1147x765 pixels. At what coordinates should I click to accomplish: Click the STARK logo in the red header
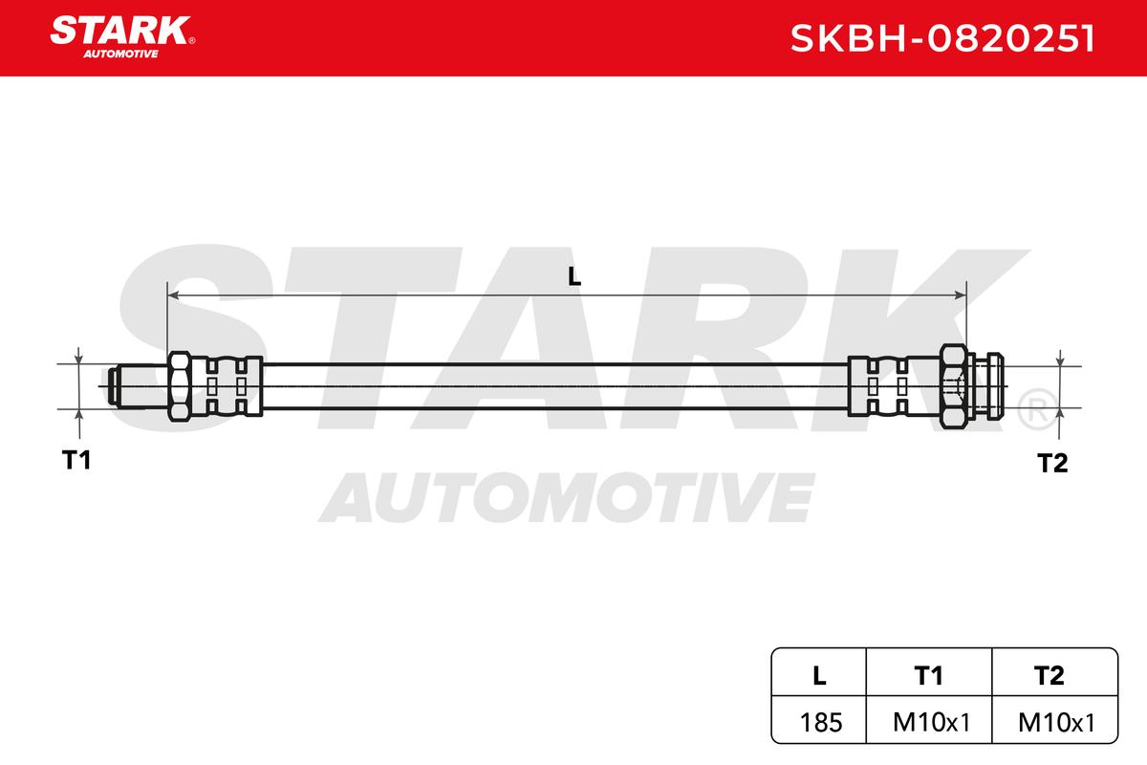(122, 36)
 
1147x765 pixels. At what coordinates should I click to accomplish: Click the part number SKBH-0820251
(942, 38)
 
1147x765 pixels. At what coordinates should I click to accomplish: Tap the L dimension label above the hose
(574, 276)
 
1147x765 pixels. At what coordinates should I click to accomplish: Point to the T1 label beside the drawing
(76, 460)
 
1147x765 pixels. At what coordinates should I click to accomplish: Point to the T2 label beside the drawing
(1052, 463)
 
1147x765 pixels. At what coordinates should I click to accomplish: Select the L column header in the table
(819, 676)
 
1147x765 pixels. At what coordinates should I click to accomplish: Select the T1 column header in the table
(928, 676)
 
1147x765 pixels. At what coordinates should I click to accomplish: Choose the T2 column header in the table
(1050, 676)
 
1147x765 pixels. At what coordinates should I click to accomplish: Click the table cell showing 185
(821, 723)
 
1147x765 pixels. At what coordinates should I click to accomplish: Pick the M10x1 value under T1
(931, 723)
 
